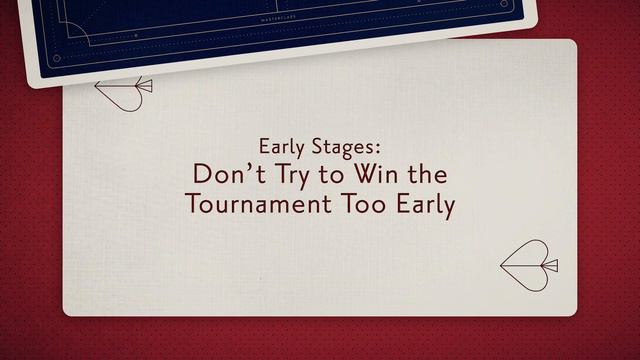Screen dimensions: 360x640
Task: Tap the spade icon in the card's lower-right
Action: [526, 266]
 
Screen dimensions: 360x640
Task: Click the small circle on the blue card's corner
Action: [56, 59]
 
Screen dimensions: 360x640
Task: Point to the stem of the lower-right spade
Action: [551, 266]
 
